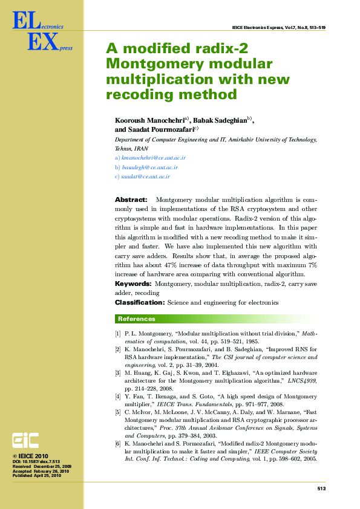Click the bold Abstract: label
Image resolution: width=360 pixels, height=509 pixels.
click(131, 199)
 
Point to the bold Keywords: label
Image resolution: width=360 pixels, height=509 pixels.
click(133, 284)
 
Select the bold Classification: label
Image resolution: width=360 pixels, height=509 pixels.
click(139, 302)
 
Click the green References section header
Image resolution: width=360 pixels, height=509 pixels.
click(136, 319)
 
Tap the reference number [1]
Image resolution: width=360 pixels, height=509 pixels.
click(118, 333)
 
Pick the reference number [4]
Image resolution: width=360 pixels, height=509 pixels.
click(118, 397)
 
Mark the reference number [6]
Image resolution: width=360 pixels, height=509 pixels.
click(118, 444)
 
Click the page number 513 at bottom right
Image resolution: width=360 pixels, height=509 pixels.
click(321, 488)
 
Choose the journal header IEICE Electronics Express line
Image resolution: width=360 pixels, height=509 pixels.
click(278, 28)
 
